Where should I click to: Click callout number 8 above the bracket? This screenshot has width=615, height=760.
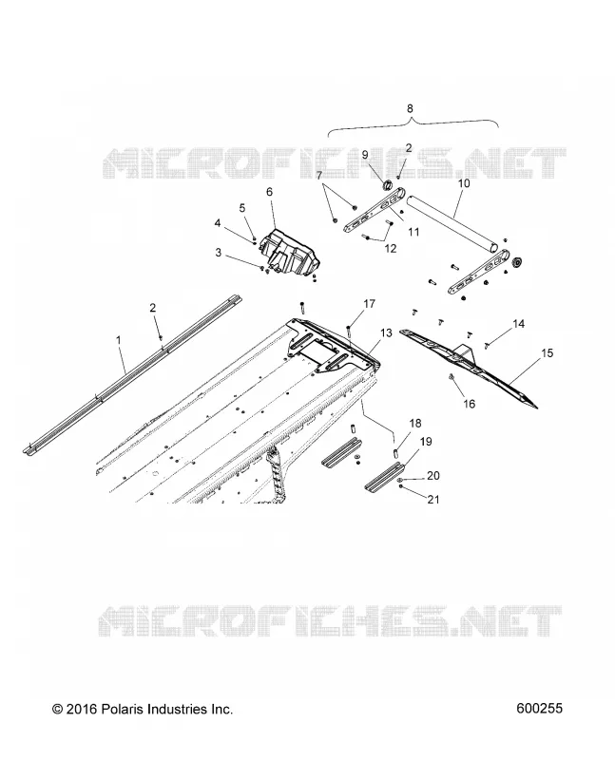[x=410, y=108]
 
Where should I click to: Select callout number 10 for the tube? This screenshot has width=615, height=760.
[x=464, y=183]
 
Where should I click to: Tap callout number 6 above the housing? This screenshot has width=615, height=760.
[x=270, y=192]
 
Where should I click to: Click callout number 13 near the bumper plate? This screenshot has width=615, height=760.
[x=386, y=333]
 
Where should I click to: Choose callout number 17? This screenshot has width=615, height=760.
[x=370, y=304]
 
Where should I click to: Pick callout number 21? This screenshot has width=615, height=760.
[x=433, y=499]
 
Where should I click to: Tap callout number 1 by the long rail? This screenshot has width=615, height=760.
[x=119, y=340]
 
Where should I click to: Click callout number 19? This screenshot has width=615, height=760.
[x=426, y=442]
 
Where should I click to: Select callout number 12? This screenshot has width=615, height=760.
[x=391, y=249]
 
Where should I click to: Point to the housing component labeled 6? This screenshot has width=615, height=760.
[x=290, y=251]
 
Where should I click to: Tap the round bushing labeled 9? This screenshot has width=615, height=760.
[x=388, y=184]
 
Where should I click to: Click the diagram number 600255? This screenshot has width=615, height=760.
[x=539, y=709]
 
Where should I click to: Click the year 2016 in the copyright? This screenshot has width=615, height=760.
[x=83, y=709]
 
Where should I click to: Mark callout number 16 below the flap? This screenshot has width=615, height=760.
[x=469, y=404]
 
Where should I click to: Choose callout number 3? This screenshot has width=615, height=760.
[x=219, y=253]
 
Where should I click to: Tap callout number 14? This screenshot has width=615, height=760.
[x=518, y=323]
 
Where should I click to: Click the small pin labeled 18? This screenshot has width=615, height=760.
[x=395, y=453]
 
